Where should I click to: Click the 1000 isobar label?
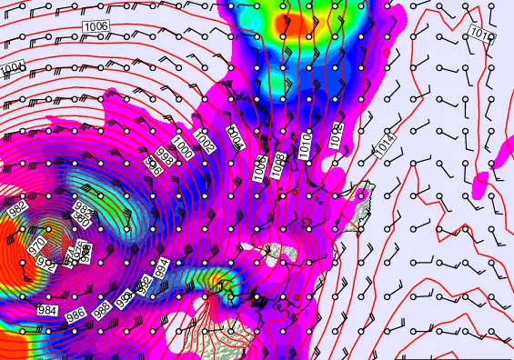click(x=183, y=146)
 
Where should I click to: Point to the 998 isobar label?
click(x=166, y=155)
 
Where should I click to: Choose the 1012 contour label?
click(x=335, y=135)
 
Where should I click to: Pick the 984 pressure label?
click(x=48, y=311)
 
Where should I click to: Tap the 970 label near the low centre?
click(x=37, y=245)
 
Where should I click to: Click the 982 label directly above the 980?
click(x=84, y=208)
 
